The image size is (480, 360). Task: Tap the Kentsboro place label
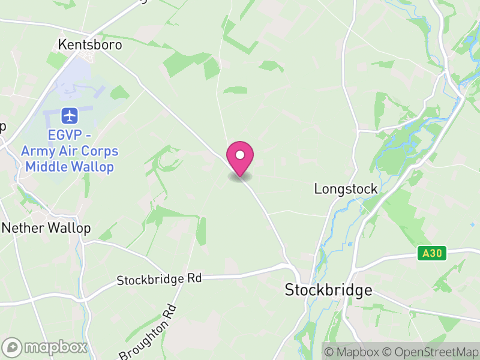pos(90,44)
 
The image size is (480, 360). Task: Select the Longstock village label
pos(346,189)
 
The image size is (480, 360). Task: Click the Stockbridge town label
pos(328,290)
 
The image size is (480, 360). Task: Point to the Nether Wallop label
pos(47,228)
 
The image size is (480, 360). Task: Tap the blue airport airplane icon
pos(70,115)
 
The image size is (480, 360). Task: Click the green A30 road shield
pos(431,254)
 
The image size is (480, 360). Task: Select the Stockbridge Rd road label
pos(159,279)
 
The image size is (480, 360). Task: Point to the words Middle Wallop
pos(70,166)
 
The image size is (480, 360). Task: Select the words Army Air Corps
pos(70,151)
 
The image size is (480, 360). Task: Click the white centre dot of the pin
pos(240,155)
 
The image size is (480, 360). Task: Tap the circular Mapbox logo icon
pos(13,347)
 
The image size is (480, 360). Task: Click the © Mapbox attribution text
pos(353,351)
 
